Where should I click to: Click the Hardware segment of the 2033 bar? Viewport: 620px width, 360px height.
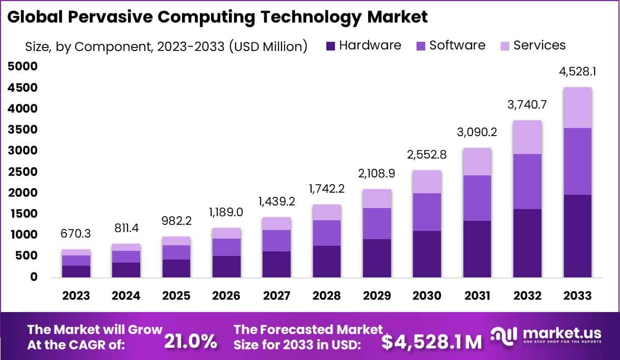pos(577,236)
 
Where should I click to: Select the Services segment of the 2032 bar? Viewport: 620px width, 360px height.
pos(527,137)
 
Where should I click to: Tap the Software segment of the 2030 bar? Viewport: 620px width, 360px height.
pos(427,212)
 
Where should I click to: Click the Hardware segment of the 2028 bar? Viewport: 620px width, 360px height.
pos(327,261)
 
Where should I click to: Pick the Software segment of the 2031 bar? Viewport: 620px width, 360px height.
pos(477,198)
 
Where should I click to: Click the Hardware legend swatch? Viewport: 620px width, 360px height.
pos(330,46)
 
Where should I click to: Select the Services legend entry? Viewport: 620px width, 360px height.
pos(539,45)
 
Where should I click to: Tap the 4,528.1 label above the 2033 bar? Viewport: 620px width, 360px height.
pos(577,72)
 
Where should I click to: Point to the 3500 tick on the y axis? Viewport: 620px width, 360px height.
pos(22,130)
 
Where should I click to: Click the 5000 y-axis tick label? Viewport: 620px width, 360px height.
pos(22,66)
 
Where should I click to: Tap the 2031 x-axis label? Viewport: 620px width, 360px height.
pos(477,296)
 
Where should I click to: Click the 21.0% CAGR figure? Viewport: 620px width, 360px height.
pos(190,341)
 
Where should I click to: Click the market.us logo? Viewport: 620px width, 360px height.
pos(546,336)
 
